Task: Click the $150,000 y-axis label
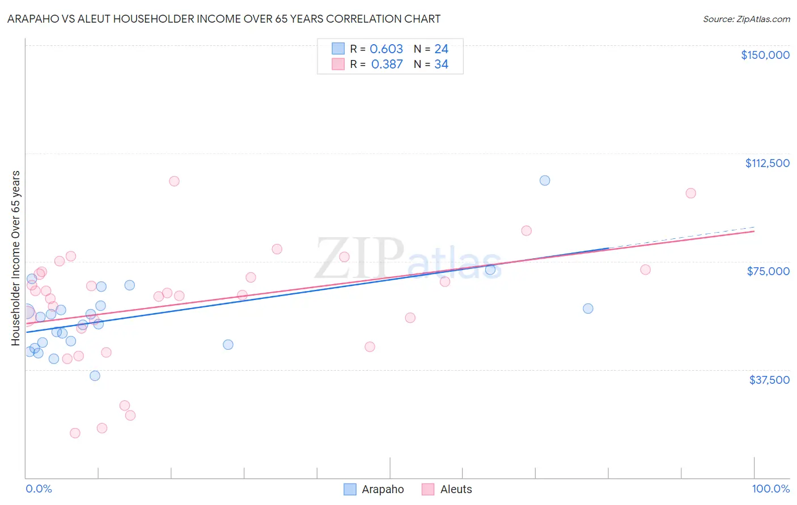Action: pos(765,55)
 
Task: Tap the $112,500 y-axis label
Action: pos(767,163)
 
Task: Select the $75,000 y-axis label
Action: pos(768,271)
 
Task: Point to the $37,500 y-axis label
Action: pos(769,380)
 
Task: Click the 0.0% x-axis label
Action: pos(39,489)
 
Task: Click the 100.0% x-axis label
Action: pos(770,489)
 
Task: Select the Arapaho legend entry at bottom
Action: pos(374,489)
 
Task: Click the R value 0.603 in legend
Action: pos(386,49)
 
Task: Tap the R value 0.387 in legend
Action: pos(387,65)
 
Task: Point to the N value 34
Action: pos(441,65)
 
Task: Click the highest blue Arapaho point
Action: pos(545,181)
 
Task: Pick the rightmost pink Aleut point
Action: pos(690,193)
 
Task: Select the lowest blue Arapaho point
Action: pos(95,376)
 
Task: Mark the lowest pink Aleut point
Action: pos(75,433)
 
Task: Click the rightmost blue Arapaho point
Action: pos(588,309)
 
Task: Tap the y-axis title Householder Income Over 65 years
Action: pos(15,258)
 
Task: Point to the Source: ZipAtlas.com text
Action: pos(746,19)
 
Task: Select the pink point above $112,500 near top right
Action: pos(690,193)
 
